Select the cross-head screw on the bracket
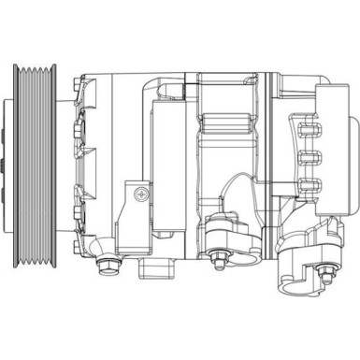pyautogui.click(x=140, y=194)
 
